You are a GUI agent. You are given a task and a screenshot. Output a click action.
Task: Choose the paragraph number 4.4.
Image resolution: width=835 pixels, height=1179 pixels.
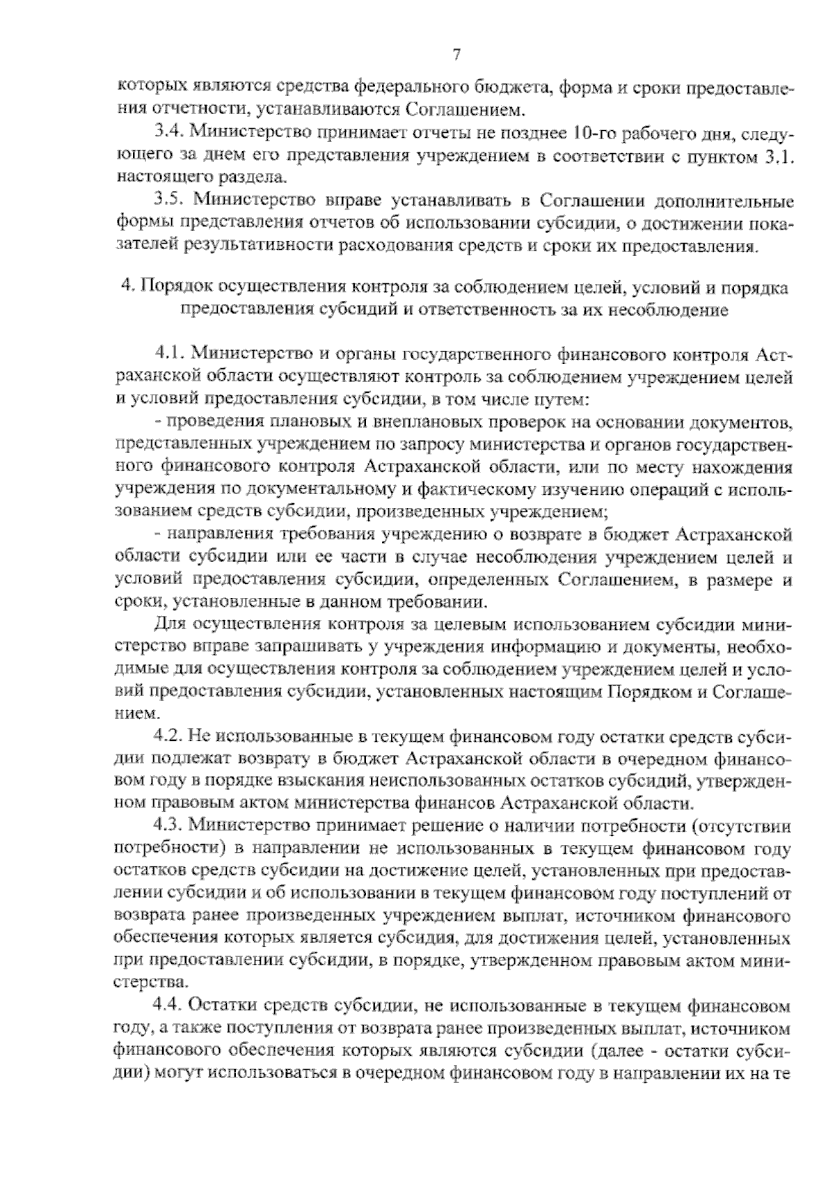[168, 1006]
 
